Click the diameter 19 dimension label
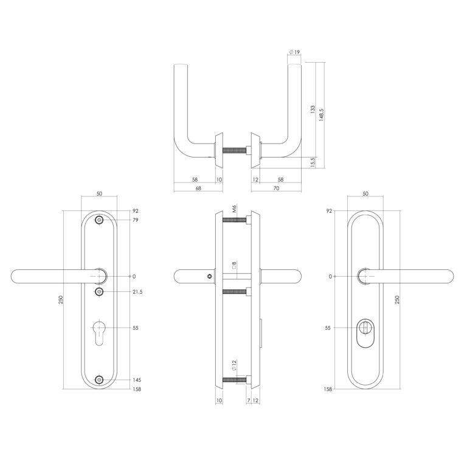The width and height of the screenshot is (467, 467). click(x=294, y=52)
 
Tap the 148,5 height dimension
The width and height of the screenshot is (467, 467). click(x=321, y=114)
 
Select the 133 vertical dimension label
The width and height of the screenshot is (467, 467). click(x=313, y=109)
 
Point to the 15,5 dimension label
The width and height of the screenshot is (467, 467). click(x=313, y=162)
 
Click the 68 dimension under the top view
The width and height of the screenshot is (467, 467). click(x=198, y=189)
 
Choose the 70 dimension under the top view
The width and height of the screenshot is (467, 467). click(x=276, y=189)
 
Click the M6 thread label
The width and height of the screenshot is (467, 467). click(x=234, y=209)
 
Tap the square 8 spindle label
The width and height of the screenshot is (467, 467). click(x=234, y=265)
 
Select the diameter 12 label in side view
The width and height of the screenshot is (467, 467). click(x=233, y=365)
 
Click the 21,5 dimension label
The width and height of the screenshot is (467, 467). click(x=137, y=292)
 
